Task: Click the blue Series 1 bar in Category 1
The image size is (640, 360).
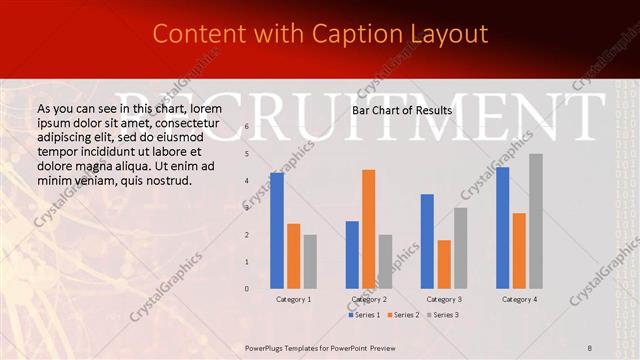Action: click(x=277, y=230)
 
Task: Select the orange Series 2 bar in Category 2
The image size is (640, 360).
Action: click(x=369, y=229)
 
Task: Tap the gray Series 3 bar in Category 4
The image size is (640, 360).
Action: click(x=536, y=221)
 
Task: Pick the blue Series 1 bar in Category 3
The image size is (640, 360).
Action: click(x=427, y=241)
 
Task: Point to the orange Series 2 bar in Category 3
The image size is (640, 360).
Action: click(x=444, y=264)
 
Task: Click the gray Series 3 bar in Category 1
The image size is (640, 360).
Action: click(x=310, y=261)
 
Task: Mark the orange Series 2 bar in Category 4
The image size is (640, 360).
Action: click(x=519, y=250)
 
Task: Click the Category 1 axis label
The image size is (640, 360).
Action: click(x=293, y=299)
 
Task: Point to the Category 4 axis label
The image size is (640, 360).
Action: click(x=519, y=299)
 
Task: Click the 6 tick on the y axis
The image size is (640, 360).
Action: click(x=247, y=127)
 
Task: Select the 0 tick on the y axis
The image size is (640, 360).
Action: click(x=247, y=289)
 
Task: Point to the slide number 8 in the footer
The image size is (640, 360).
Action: click(x=590, y=347)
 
